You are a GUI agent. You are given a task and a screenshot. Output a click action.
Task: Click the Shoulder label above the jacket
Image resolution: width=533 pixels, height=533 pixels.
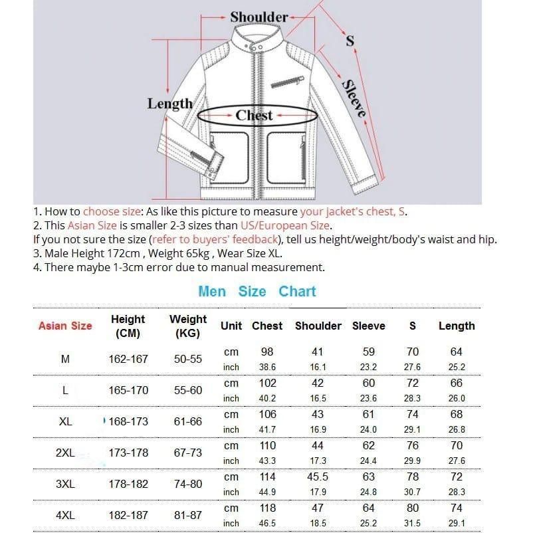pyautogui.click(x=259, y=17)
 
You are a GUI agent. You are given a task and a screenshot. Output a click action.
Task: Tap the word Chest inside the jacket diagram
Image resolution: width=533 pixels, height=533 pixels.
pyautogui.click(x=254, y=115)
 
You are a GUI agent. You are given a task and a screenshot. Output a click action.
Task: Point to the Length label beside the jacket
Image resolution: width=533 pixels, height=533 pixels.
pyautogui.click(x=169, y=104)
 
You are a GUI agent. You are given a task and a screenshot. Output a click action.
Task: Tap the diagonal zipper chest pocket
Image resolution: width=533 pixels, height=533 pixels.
pyautogui.click(x=286, y=83)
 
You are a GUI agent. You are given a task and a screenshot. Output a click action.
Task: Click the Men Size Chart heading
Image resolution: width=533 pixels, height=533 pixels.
pyautogui.click(x=257, y=291)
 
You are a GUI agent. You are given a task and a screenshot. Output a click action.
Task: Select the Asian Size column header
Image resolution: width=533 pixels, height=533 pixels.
pyautogui.click(x=65, y=326)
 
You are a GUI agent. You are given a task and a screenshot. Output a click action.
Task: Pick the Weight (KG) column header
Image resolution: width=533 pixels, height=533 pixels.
pyautogui.click(x=188, y=326)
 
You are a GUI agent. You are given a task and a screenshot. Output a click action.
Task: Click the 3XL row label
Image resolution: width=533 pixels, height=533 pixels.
pyautogui.click(x=65, y=484)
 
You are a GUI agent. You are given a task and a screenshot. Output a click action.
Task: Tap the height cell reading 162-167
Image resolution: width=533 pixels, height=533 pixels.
pyautogui.click(x=128, y=359)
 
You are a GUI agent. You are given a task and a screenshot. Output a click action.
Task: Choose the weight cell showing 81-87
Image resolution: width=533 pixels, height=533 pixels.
pyautogui.click(x=188, y=515)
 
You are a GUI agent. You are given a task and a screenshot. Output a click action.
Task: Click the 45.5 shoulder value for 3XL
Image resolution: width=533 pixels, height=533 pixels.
pyautogui.click(x=318, y=477)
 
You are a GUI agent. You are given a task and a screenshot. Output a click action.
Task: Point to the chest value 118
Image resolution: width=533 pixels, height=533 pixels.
pyautogui.click(x=266, y=508)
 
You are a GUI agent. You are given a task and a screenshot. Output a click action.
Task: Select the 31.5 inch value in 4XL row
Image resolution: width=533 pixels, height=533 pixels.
pyautogui.click(x=412, y=524)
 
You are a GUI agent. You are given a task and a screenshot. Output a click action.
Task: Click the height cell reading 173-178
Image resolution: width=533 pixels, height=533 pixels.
pyautogui.click(x=128, y=453)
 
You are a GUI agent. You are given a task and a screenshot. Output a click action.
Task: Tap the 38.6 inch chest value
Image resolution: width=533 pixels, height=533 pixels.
pyautogui.click(x=266, y=367)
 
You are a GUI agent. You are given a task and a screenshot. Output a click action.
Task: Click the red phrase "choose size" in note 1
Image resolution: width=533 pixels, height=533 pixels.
pyautogui.click(x=112, y=212)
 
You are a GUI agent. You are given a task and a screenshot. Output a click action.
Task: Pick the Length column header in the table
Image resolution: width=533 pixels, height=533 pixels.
pyautogui.click(x=457, y=326)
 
